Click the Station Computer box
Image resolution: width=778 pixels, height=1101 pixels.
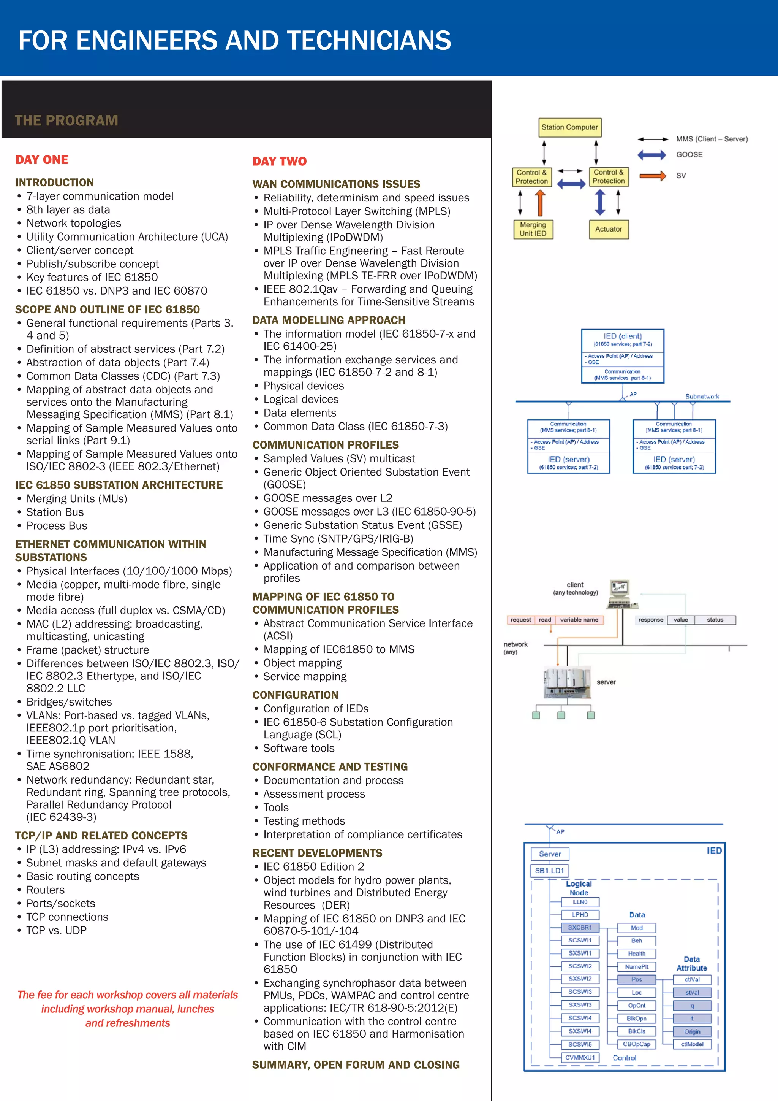569,128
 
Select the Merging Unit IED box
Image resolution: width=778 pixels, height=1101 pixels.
533,229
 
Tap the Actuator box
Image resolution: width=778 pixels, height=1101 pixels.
609,229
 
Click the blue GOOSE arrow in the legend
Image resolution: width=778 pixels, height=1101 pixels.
651,155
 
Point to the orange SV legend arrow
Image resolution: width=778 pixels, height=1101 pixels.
653,176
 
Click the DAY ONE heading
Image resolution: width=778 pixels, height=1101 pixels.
42,160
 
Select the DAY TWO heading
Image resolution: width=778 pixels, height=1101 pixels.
279,161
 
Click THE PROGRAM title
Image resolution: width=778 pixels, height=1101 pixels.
66,121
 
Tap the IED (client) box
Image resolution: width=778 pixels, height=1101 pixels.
622,355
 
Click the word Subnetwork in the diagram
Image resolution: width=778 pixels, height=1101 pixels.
702,397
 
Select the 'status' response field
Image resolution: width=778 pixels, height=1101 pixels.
715,620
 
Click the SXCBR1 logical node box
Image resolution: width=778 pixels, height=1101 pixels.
580,927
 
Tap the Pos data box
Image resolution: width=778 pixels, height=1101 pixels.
636,979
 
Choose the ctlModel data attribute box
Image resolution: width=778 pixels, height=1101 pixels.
692,1044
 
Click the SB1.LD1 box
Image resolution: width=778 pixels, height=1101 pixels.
549,870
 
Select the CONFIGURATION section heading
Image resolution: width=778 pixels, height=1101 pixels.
295,695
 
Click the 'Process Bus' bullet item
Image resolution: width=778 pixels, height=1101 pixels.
57,525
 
